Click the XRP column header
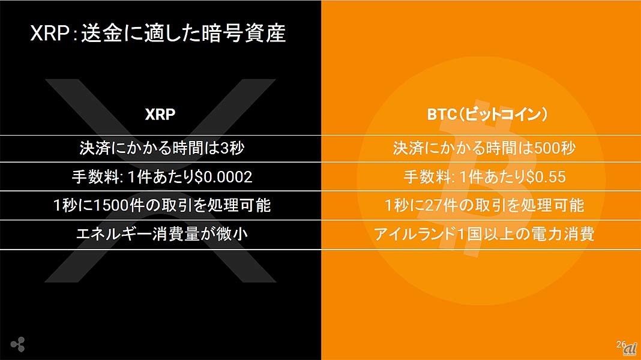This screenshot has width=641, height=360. [160, 115]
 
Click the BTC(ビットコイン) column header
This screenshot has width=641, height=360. [487, 115]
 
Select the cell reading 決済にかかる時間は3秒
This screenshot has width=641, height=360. [162, 148]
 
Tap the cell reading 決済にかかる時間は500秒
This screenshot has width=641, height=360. [484, 148]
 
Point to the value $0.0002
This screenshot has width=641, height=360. [223, 177]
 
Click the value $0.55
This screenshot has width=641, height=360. [546, 177]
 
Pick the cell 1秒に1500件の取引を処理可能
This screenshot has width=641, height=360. [162, 205]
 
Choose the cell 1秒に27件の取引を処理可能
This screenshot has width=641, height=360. [484, 205]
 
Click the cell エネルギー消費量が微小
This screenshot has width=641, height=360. [162, 234]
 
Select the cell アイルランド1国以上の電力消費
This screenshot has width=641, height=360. [484, 234]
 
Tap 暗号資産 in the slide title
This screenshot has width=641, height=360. [245, 33]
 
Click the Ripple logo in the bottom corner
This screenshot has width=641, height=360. [18, 344]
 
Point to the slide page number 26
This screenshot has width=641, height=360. [621, 344]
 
